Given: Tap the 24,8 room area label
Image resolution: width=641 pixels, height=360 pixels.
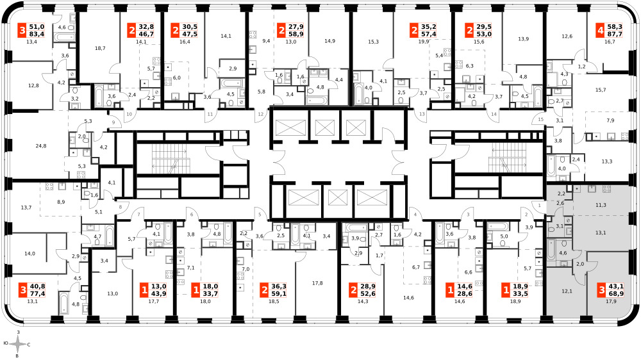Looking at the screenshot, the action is tap(41, 146).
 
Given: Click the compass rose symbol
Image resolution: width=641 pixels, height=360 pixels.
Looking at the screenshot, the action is tap(17, 345).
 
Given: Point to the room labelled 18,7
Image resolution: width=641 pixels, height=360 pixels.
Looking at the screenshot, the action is tap(100, 48).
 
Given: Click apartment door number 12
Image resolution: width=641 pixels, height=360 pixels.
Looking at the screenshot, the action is tap(261, 115).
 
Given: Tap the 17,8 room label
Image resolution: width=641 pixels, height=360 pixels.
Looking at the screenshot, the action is tap(318, 283).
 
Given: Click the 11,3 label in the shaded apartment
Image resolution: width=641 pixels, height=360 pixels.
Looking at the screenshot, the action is tap(601, 205).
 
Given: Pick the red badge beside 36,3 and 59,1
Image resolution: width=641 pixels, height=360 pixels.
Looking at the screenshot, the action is tap(265, 291).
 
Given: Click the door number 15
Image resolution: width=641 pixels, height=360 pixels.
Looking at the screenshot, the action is tap(541, 120).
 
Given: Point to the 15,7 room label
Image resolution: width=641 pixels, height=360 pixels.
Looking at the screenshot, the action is tap(601, 90).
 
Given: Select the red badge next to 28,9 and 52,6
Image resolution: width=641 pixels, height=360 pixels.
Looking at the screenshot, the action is tap(353, 291).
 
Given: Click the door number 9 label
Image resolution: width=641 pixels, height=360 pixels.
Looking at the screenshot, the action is tap(113, 122).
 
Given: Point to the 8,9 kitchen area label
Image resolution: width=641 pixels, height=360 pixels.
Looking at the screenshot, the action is tap(61, 202).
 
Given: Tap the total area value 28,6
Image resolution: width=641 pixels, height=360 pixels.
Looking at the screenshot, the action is tap(464, 294).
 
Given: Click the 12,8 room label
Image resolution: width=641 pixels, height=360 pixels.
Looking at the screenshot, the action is tap(33, 85).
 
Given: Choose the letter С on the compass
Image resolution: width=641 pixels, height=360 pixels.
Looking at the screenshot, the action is tap(29, 345).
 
